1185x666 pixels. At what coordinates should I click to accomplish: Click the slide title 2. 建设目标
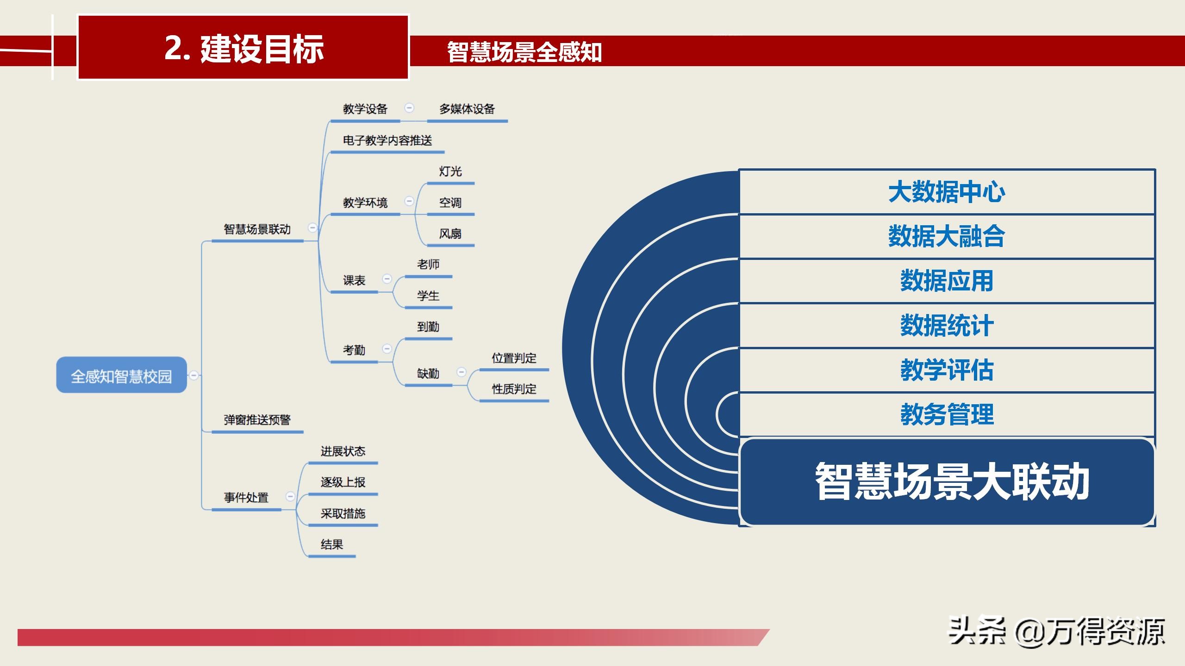click(x=243, y=48)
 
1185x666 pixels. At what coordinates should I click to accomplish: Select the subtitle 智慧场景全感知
click(x=524, y=52)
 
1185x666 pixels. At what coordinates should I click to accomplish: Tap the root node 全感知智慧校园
click(x=121, y=375)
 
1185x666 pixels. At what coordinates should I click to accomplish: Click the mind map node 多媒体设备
click(x=467, y=109)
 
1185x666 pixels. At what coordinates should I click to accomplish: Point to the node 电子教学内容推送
click(x=387, y=141)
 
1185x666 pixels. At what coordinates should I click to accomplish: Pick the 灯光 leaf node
click(x=450, y=172)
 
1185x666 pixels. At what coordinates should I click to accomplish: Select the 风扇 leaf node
click(x=450, y=234)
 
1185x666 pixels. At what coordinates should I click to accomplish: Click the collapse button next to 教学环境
click(x=409, y=201)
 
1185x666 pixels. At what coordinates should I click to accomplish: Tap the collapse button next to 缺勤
click(x=462, y=372)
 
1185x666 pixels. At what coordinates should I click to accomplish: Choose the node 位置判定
click(x=514, y=358)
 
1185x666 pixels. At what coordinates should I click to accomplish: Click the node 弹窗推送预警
click(x=257, y=420)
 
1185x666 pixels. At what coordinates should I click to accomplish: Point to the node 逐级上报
click(x=343, y=482)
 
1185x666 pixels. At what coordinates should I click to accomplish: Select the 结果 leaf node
click(x=331, y=544)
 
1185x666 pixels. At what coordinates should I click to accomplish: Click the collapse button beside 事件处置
click(x=290, y=496)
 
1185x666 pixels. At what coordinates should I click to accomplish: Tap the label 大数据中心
click(x=946, y=192)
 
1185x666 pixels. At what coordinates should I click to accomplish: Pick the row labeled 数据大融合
click(x=946, y=236)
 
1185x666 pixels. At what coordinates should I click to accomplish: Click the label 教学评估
click(x=946, y=370)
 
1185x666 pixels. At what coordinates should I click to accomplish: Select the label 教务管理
click(x=946, y=414)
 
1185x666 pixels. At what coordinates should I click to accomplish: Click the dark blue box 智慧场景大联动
click(x=947, y=481)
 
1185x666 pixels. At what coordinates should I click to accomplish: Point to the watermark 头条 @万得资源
click(x=1055, y=632)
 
